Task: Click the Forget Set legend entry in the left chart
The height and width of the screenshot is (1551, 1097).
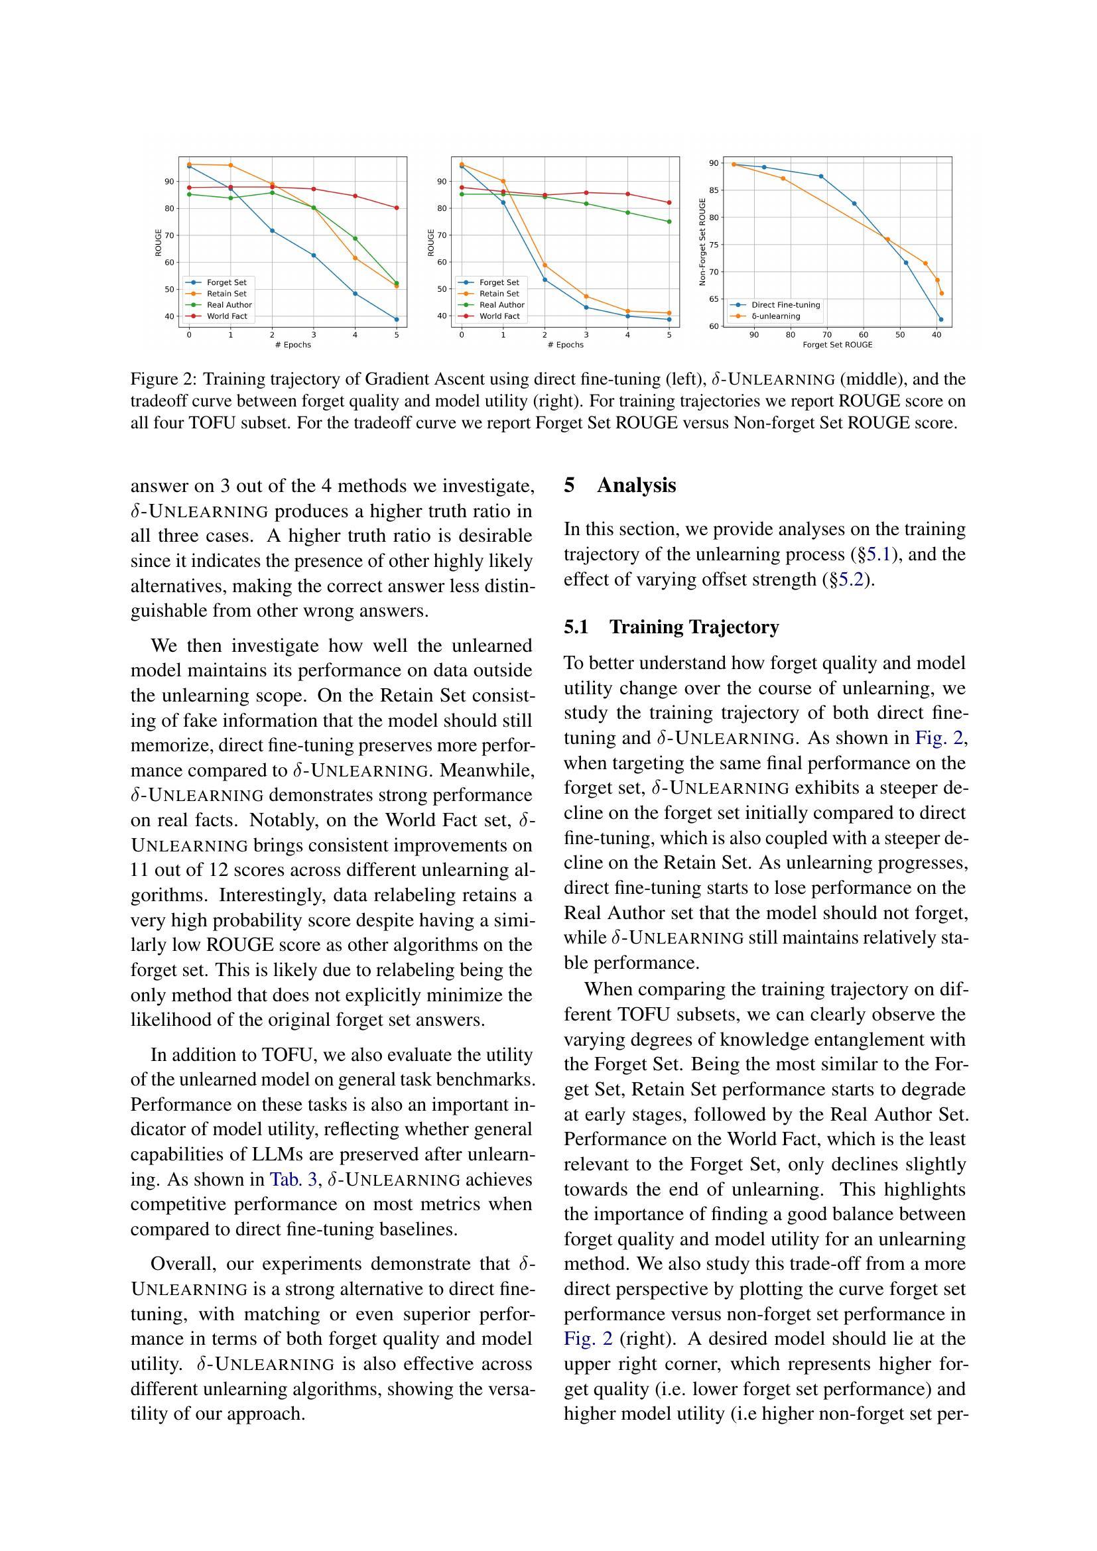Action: (226, 282)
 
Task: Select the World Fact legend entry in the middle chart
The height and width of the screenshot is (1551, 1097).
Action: (499, 316)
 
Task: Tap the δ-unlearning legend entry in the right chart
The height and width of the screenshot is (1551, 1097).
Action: (775, 316)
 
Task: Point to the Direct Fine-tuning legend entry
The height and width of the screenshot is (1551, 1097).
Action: (785, 304)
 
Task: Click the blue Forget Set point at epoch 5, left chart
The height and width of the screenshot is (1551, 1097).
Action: (397, 320)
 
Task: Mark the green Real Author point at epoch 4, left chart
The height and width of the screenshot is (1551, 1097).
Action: (355, 239)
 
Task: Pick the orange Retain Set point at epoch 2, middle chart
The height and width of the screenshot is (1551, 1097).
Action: (545, 265)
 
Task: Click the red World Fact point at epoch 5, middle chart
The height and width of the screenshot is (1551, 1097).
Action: (669, 203)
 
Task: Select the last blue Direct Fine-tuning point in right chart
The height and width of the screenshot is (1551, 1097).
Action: (941, 320)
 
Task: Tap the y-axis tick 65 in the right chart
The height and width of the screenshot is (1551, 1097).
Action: (714, 299)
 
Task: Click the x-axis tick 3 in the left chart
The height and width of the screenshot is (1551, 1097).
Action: (314, 334)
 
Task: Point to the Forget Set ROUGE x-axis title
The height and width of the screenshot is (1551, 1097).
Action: (837, 345)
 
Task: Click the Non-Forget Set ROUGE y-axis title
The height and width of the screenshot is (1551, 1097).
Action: (702, 242)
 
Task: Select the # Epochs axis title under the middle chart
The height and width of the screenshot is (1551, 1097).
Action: (565, 345)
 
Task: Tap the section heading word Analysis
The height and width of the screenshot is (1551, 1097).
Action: (635, 485)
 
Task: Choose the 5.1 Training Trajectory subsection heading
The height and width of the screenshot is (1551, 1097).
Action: (671, 627)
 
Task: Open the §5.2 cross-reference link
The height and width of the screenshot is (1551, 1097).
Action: (848, 580)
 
